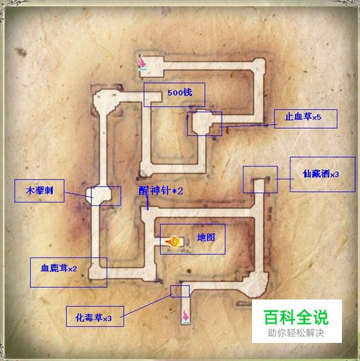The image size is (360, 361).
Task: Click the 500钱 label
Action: pyautogui.click(x=180, y=93)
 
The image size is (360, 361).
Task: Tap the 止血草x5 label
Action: pyautogui.click(x=303, y=117)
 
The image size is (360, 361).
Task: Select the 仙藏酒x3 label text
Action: pyautogui.click(x=321, y=174)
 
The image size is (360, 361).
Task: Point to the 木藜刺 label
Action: pyautogui.click(x=39, y=191)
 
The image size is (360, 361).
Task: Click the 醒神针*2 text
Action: pyautogui.click(x=161, y=191)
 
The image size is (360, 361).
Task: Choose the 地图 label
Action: pyautogui.click(x=206, y=237)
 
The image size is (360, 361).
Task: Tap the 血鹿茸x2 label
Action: pyautogui.click(x=59, y=268)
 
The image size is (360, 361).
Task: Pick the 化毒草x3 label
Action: pyautogui.click(x=93, y=318)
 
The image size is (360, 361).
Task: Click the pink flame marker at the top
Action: pyautogui.click(x=143, y=63)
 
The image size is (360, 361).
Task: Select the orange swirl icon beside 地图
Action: pyautogui.click(x=173, y=242)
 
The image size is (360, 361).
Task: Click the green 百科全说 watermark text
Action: pyautogui.click(x=296, y=318)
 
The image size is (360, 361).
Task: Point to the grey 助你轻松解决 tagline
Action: pyautogui.click(x=296, y=333)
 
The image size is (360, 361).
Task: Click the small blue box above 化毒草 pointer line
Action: pyautogui.click(x=180, y=291)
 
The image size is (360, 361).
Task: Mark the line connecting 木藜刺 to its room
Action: pyautogui.click(x=79, y=195)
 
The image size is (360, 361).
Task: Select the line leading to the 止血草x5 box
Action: pyautogui.click(x=248, y=126)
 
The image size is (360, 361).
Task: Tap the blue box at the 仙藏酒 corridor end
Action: pyautogui.click(x=260, y=179)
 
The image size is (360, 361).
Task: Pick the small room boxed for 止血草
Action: pyautogui.click(x=204, y=124)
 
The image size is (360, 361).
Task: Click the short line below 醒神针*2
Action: pyautogui.click(x=147, y=203)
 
